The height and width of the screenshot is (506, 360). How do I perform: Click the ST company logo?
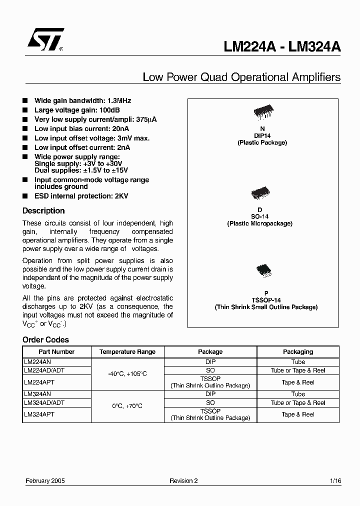(x=45, y=40)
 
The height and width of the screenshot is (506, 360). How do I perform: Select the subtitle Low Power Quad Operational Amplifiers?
(x=241, y=77)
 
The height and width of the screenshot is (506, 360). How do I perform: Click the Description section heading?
(x=43, y=211)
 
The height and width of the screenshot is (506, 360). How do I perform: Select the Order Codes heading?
(x=45, y=340)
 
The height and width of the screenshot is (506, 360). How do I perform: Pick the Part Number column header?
(x=56, y=352)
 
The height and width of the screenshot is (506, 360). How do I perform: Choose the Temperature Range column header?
(x=127, y=352)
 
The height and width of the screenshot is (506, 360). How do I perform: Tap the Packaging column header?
(x=298, y=352)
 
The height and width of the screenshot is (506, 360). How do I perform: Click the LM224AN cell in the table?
(x=38, y=362)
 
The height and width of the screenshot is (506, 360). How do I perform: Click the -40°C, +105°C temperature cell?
(x=127, y=374)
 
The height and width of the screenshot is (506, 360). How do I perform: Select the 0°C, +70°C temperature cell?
(x=127, y=406)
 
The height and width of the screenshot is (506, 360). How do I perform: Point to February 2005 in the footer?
(x=45, y=480)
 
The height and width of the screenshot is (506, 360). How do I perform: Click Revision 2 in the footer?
(x=183, y=480)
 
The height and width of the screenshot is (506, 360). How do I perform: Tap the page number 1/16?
(x=335, y=480)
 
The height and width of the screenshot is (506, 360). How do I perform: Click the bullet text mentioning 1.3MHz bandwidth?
(x=82, y=100)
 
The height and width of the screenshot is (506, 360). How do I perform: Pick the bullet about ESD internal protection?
(x=81, y=196)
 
